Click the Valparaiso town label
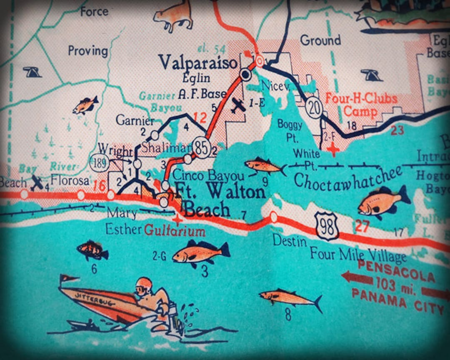tap(198, 63)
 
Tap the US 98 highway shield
tap(326, 225)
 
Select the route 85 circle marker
tap(202, 148)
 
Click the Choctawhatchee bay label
tap(348, 177)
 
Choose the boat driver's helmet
tap(144, 285)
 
